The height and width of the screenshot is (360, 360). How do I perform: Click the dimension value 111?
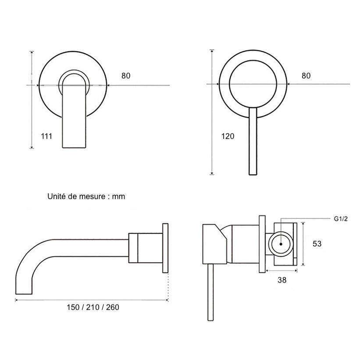[x=47, y=136]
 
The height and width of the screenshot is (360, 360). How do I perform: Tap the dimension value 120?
[x=228, y=136]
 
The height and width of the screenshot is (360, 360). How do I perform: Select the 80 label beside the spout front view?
[x=126, y=76]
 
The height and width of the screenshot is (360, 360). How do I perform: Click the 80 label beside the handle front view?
[x=306, y=76]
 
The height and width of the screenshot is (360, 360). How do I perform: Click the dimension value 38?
[x=282, y=280]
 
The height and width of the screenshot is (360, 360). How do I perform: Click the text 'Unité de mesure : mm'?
[x=86, y=196]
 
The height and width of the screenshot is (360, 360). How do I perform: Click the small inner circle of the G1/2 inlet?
[x=281, y=244]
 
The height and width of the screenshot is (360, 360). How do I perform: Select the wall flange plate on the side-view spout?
[x=165, y=248]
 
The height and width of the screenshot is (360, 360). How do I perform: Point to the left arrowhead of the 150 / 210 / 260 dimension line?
[x=17, y=300]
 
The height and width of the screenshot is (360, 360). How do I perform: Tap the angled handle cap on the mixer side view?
[x=214, y=244]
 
